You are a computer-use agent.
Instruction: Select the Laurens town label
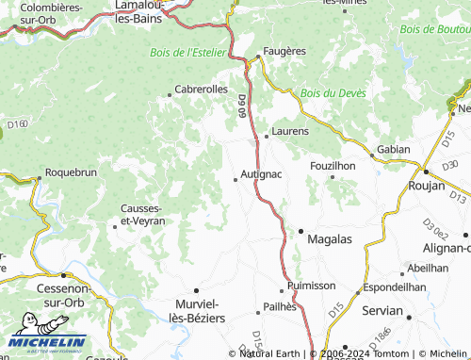pos(289,131)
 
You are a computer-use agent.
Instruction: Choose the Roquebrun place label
pos(71,173)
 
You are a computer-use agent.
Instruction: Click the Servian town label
pos(383,310)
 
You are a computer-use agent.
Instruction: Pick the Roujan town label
pos(441,187)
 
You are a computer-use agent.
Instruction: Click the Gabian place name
pos(393,149)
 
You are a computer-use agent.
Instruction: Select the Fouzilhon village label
pos(333,165)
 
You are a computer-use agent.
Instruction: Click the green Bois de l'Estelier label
pos(188,52)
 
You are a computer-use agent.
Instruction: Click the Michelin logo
pos(47,344)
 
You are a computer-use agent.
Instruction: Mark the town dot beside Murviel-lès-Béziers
pos(196,290)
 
